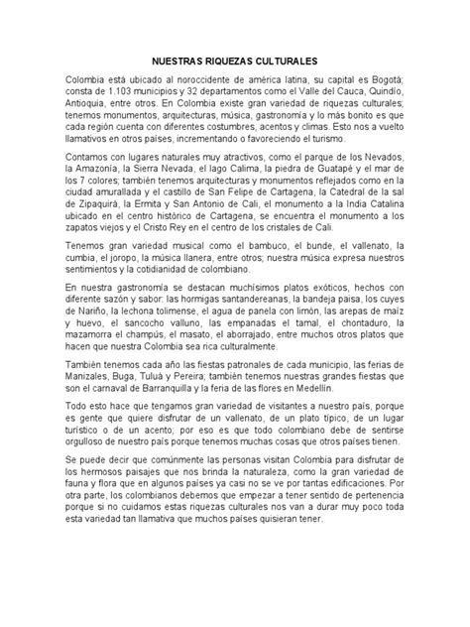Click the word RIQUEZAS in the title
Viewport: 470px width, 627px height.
[226, 60]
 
